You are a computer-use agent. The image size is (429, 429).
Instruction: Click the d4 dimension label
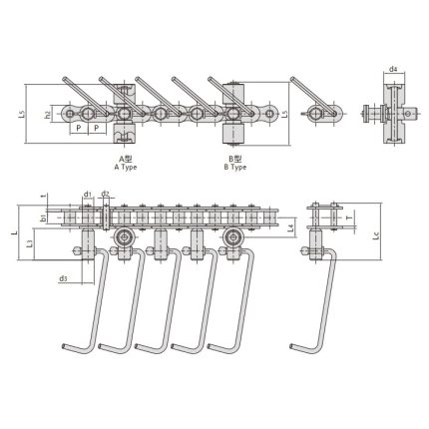[393, 69]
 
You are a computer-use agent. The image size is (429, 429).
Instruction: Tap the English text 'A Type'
[126, 167]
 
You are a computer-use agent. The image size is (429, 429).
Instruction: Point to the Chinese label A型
[126, 159]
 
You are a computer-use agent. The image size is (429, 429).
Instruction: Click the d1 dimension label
[88, 194]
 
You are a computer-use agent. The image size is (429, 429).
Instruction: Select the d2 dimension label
[105, 194]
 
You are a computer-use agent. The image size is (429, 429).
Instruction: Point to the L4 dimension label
[289, 229]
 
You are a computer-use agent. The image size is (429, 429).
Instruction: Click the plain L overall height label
[12, 232]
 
